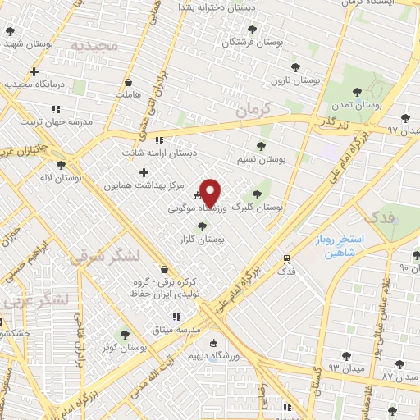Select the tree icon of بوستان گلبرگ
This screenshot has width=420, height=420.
click(257, 194)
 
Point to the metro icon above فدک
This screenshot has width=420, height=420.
click(286, 257)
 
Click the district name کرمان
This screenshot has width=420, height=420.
click(251, 108)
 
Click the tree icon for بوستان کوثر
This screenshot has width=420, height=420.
click(125, 334)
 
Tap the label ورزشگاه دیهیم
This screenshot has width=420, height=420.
click(213, 358)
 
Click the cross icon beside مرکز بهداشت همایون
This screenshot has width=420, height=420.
click(144, 172)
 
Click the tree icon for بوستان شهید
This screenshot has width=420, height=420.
click(10, 32)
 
